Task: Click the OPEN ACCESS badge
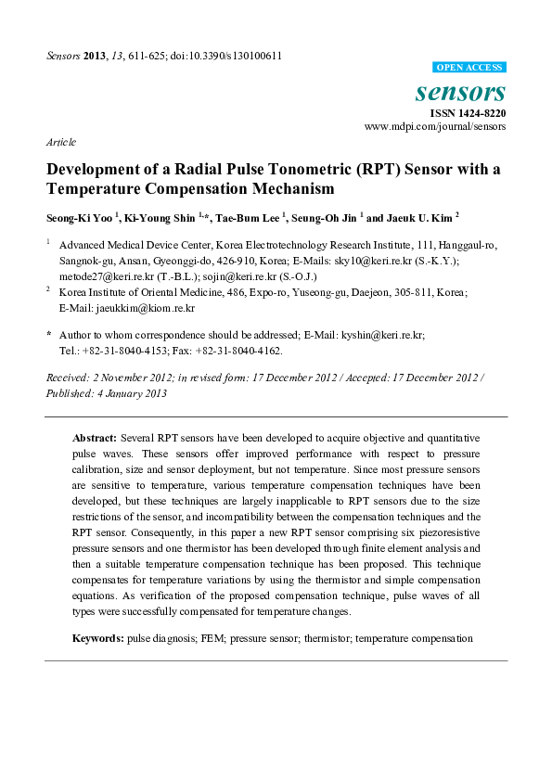(469, 68)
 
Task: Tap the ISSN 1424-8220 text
(466, 112)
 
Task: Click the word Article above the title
(60, 142)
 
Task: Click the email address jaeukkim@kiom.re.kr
(126, 307)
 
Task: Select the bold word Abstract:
(94, 436)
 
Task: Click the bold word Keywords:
(98, 638)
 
